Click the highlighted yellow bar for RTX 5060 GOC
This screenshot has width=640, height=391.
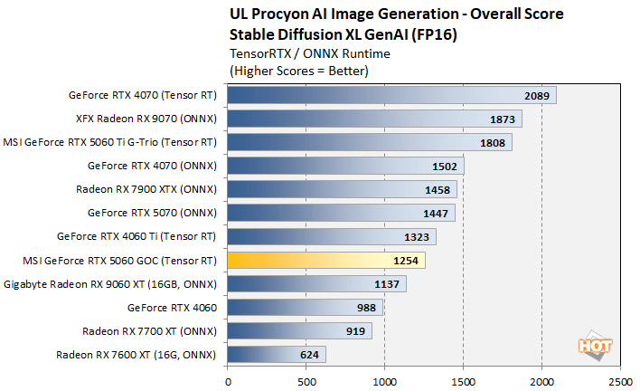(x=325, y=261)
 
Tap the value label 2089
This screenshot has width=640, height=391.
(x=537, y=95)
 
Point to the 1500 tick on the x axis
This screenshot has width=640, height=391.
(x=463, y=381)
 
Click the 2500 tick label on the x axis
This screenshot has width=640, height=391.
(x=619, y=381)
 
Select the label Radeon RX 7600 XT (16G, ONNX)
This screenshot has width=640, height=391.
(x=136, y=355)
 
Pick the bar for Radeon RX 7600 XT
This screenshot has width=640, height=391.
(x=277, y=355)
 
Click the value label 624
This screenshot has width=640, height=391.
(x=308, y=355)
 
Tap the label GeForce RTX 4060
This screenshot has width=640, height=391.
(x=173, y=308)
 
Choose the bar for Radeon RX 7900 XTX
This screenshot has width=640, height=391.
(x=342, y=189)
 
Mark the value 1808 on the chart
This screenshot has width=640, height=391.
(x=493, y=142)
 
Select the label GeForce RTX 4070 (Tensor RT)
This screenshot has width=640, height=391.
(x=143, y=95)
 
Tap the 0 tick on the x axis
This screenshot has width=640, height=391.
(x=228, y=381)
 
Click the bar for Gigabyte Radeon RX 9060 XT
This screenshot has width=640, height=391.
(x=316, y=284)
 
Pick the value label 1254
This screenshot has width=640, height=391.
(x=406, y=261)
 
